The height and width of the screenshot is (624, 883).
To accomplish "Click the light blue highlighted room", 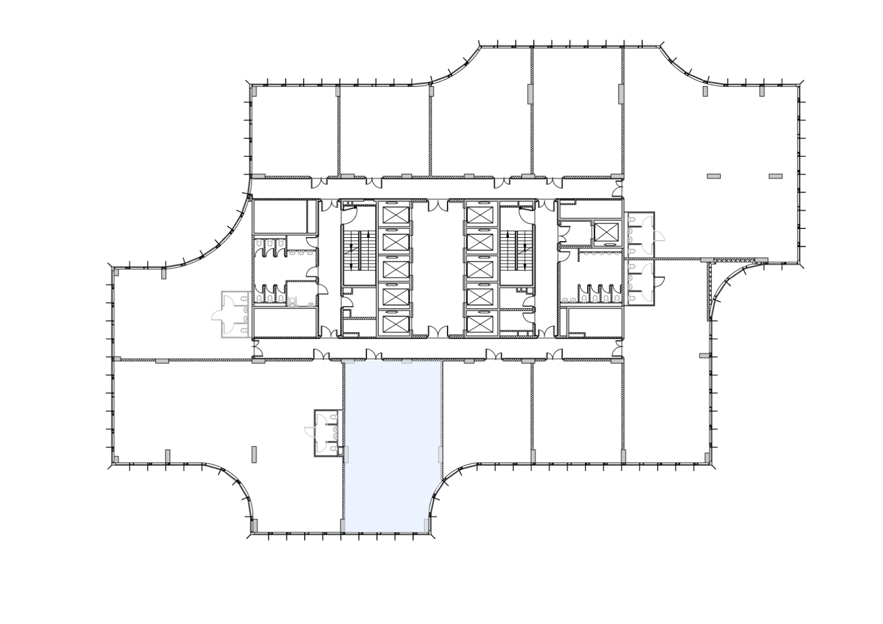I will pos(392,441).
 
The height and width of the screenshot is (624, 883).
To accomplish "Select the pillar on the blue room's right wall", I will pos(440,455).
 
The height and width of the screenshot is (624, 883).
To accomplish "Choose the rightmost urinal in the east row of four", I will pos(616,299).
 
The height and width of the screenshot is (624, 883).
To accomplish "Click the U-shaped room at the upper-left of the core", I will pos(285,216).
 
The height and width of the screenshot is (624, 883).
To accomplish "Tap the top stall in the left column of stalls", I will pos(394,214).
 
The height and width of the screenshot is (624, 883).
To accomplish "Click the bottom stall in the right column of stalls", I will pos(482,323).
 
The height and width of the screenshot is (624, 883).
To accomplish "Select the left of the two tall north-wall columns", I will pos(530,94).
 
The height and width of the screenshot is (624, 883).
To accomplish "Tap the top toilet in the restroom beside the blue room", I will pos(335,418).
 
